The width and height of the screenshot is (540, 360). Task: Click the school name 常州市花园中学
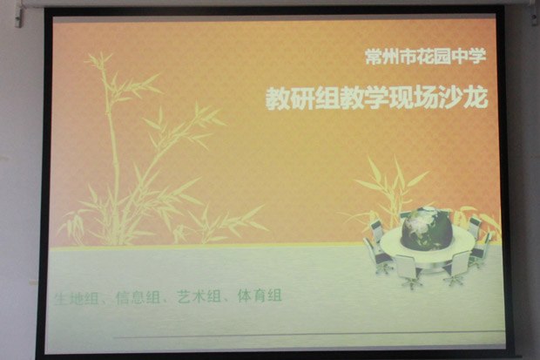[426, 57]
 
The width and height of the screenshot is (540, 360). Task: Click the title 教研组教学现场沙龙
[377, 98]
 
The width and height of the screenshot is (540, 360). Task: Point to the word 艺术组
[199, 297]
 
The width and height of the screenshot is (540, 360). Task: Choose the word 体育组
[260, 296]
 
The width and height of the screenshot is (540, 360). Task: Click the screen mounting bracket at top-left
[19, 17]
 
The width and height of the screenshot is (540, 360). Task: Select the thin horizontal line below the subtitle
[308, 336]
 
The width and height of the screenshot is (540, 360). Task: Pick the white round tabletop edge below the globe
[427, 255]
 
